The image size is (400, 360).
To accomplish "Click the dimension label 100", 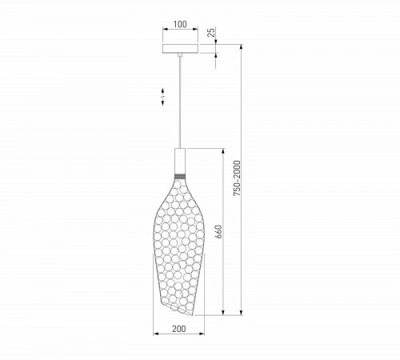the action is [180, 24].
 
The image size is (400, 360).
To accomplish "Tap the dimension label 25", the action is [211, 32].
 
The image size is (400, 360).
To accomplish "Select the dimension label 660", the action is [218, 232].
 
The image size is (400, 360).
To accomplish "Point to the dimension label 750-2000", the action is [237, 178].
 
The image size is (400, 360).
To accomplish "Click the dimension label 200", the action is [179, 329].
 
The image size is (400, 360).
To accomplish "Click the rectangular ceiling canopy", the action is [181, 49].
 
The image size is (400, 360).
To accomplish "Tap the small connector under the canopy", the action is [180, 55].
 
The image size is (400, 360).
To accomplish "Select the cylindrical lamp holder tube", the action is [180, 161].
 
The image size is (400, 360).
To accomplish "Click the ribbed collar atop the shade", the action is [180, 176].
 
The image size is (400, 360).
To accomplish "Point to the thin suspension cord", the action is [180, 102].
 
